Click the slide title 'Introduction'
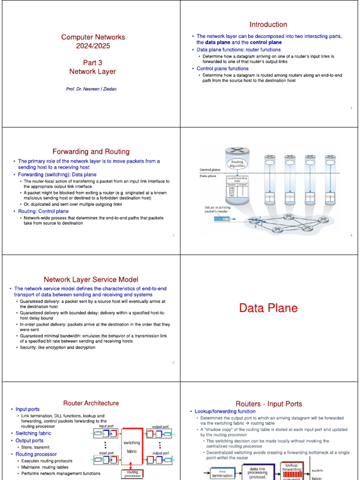point(268,24)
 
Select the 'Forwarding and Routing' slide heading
point(91,152)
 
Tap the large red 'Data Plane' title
point(268,308)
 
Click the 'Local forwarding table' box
point(237,188)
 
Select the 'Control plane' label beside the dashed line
point(210,169)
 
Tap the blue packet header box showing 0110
point(222,219)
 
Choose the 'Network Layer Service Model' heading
point(91,279)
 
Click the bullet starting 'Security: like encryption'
point(58,347)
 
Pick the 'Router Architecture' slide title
point(91,403)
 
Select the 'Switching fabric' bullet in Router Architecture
point(33,433)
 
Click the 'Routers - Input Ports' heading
point(269,404)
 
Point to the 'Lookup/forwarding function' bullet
point(225,412)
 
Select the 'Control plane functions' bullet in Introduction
point(222,68)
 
